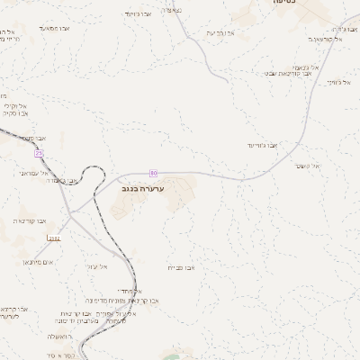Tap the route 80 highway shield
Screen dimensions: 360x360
[153, 172]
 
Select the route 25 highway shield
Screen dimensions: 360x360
[40, 155]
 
